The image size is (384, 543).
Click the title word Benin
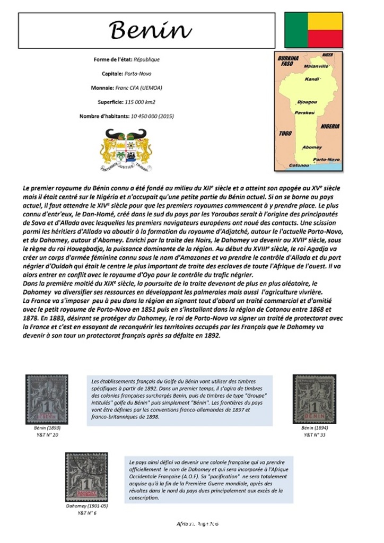point(150,30)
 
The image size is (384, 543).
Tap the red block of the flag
point(325,39)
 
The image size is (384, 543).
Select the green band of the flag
point(296,30)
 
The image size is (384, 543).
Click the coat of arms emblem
point(126,150)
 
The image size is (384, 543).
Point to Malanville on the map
point(317,66)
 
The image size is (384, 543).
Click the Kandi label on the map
point(312,79)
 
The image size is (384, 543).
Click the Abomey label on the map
point(312,147)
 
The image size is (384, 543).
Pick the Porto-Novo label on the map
point(326,159)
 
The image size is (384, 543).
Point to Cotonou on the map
point(299,165)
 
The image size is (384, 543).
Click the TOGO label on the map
point(285,134)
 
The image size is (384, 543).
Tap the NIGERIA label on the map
point(330,126)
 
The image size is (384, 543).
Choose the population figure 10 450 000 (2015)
point(149,116)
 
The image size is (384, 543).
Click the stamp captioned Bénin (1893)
point(47,399)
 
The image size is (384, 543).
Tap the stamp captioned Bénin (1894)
point(314,399)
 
